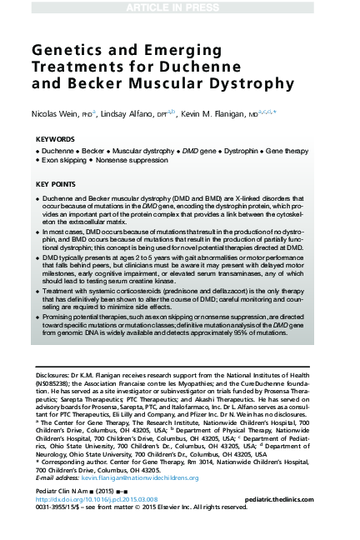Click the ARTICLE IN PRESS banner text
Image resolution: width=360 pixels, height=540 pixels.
coord(180,7)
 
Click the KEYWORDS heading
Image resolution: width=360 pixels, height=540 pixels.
coord(55,140)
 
